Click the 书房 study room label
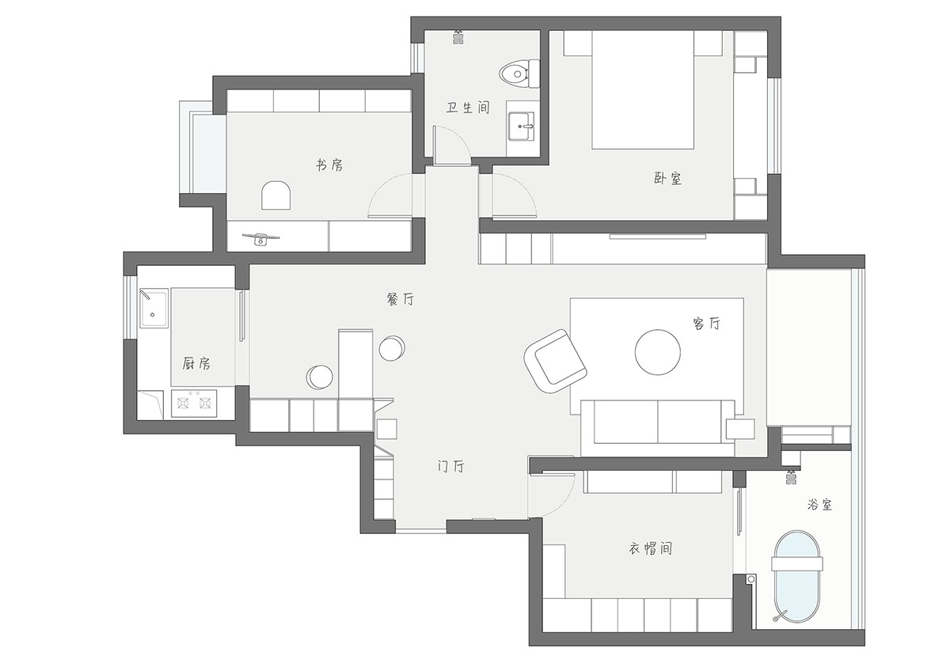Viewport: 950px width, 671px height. coord(329,165)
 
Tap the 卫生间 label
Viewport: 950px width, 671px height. coord(468,108)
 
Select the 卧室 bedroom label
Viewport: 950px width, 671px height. coord(667,179)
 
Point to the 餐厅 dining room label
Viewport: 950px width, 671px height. coord(400,299)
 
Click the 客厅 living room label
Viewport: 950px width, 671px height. coord(706,324)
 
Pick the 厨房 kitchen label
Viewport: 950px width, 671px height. coord(196,364)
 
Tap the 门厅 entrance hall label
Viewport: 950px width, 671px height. coord(450,467)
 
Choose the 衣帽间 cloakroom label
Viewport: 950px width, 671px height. coord(650,548)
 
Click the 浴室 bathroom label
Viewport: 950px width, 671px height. coord(819,504)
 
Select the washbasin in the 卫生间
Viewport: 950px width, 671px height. coord(522,126)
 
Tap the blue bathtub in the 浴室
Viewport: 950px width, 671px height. coord(797,577)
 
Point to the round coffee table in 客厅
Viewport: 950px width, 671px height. coord(658,352)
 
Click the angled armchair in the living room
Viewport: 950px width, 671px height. coord(556,361)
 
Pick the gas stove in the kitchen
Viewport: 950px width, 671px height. coord(194,404)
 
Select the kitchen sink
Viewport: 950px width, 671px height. coord(154,308)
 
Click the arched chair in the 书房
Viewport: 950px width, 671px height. coord(275,195)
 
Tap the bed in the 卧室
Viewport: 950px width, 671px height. coord(643,89)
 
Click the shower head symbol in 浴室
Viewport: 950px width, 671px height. coord(791,477)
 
